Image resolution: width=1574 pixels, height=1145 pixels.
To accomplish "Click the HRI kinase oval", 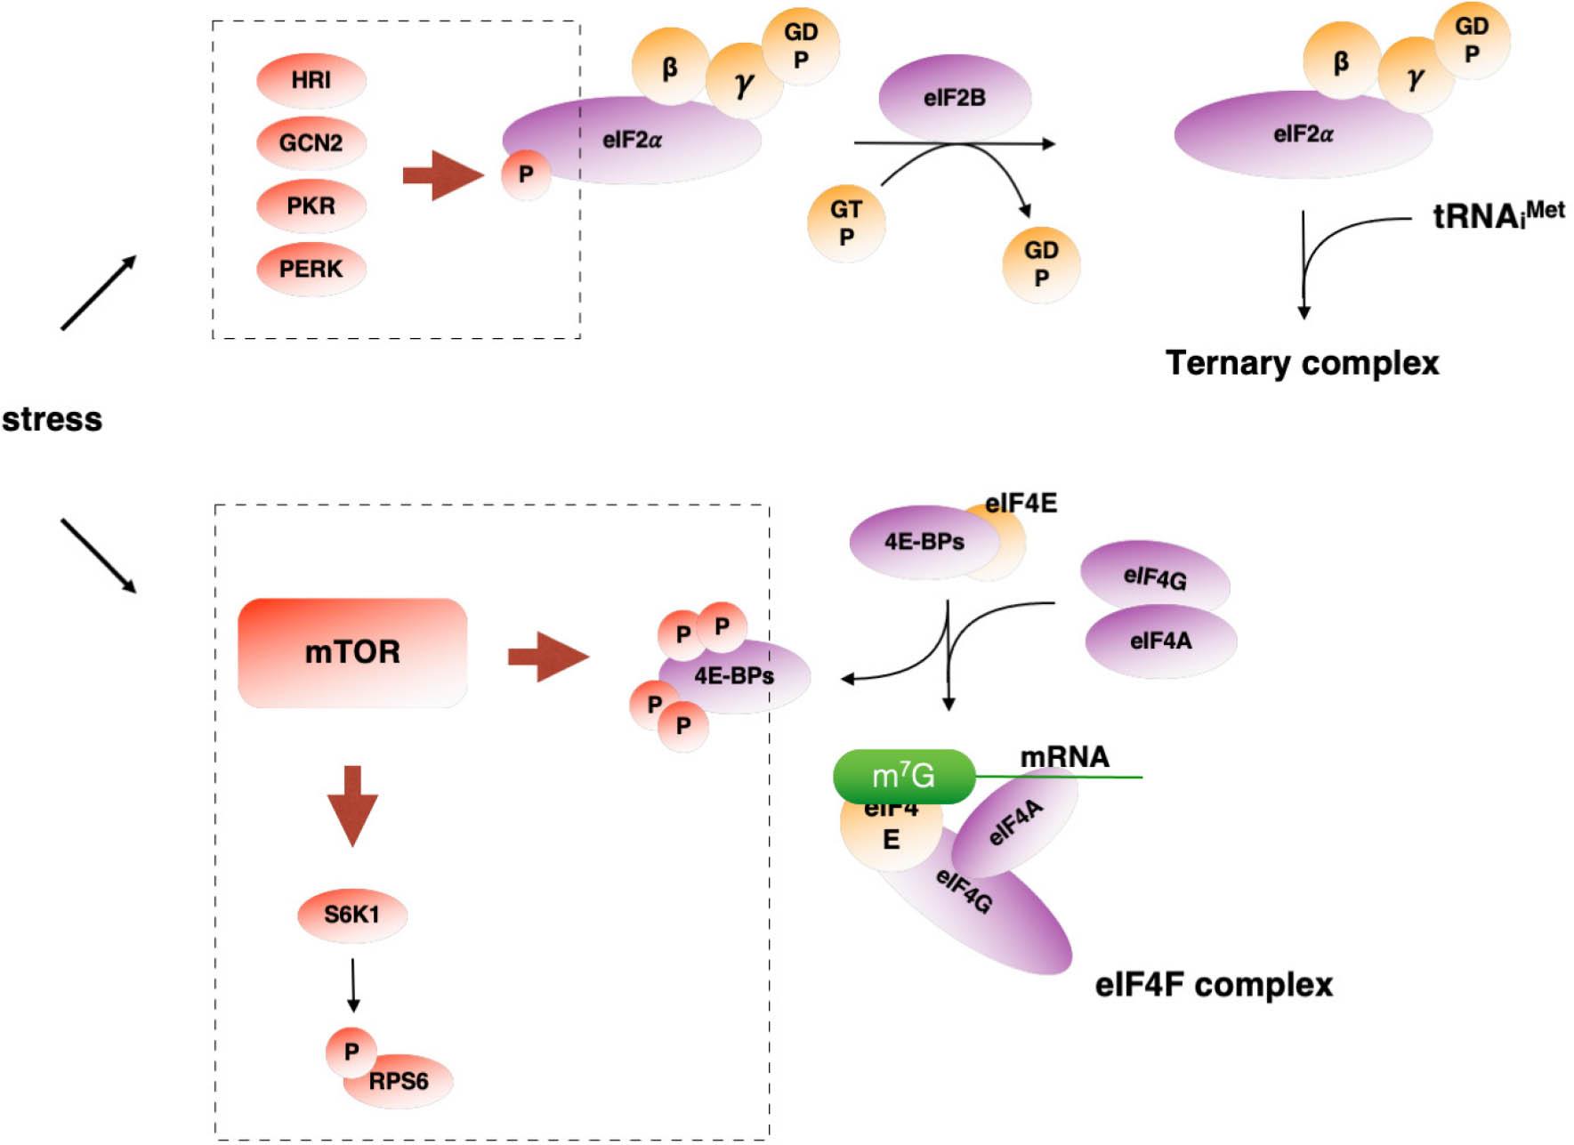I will click(311, 80).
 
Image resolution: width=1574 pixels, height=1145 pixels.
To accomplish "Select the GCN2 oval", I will click(311, 142).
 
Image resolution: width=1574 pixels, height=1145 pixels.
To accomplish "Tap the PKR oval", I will click(311, 206).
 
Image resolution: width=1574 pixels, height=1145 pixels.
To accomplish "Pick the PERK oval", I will click(311, 269).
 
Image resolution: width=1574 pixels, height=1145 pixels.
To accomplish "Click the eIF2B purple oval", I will click(954, 97).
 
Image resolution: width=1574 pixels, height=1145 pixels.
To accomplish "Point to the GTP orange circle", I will click(845, 222).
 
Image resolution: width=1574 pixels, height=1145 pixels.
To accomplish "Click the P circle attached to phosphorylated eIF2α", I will click(525, 173).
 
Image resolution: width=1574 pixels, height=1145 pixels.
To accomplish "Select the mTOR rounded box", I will click(352, 652).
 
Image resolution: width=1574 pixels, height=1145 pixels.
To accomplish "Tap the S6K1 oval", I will click(351, 914).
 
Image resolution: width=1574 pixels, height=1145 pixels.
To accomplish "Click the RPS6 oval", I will click(400, 1082).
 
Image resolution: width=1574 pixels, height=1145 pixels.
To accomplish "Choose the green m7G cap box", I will click(903, 776).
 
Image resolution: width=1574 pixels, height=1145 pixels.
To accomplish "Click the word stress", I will click(52, 419).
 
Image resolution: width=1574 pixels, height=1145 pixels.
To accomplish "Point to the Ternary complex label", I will click(1302, 363).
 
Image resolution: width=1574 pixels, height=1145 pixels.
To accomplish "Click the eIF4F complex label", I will click(1214, 985).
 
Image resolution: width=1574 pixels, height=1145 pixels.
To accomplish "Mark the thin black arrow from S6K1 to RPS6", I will click(353, 984).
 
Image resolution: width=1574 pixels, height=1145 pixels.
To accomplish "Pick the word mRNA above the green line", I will click(1064, 757).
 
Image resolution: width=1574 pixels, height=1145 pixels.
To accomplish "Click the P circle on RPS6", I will click(351, 1052).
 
